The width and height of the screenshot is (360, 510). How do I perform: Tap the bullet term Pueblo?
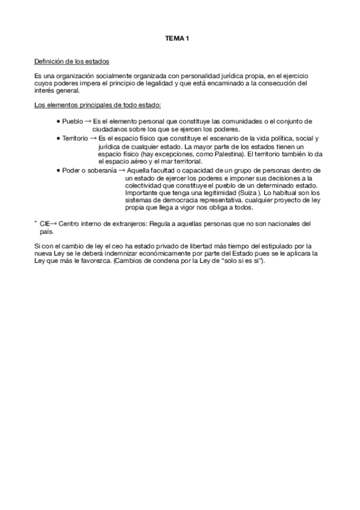73,122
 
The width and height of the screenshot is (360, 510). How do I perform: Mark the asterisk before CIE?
36,223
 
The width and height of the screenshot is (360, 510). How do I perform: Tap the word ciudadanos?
112,129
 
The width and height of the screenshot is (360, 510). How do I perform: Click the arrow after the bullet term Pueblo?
88,122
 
